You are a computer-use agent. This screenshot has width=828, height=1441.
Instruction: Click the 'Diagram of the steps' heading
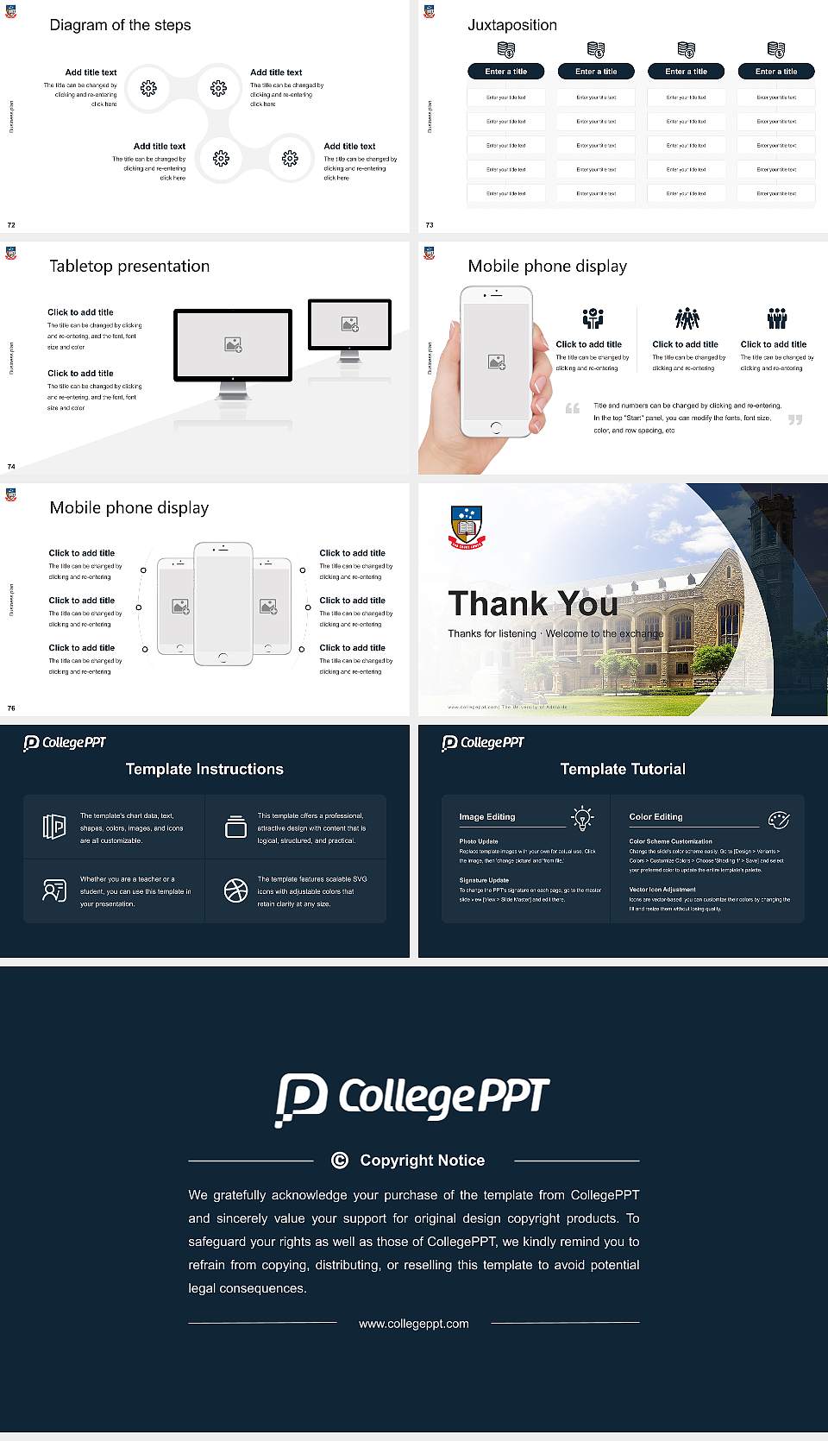120,25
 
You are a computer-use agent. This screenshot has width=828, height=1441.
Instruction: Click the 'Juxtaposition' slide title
511,25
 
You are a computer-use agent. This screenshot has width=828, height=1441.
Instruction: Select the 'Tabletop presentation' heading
129,266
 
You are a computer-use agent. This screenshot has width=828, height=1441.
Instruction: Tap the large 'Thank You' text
532,603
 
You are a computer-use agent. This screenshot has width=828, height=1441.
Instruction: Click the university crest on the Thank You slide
467,526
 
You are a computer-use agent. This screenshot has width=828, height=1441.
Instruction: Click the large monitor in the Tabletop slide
233,345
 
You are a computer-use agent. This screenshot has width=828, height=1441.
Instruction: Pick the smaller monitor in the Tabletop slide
349,324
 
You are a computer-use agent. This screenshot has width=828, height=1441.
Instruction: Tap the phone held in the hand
496,362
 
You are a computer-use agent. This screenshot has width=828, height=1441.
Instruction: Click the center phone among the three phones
223,603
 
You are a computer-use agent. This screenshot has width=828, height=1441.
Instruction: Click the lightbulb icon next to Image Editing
583,817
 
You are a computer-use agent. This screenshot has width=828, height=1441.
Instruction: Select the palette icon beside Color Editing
779,819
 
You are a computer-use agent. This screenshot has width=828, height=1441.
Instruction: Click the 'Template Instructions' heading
204,769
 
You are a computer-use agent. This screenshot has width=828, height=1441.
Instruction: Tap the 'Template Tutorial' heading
623,769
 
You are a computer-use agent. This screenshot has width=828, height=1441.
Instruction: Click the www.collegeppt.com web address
414,1324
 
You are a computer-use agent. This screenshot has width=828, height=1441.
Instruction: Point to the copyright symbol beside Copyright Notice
340,1161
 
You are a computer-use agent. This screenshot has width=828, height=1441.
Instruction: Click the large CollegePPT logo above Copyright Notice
412,1098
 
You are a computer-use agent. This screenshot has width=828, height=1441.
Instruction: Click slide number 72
11,224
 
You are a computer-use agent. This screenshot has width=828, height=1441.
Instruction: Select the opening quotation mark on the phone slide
572,408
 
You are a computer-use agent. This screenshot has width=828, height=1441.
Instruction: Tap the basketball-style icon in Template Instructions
235,890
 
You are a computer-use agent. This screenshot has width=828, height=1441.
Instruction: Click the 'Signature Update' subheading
484,880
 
